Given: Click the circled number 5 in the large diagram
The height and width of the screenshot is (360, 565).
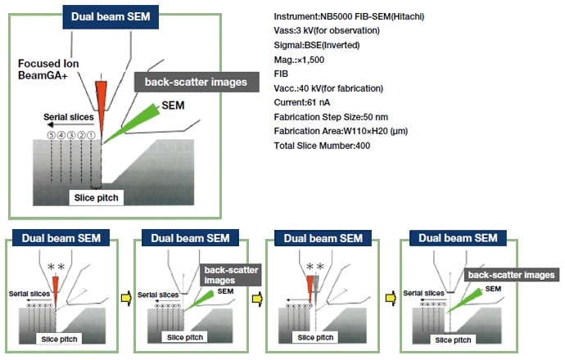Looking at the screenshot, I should pyautogui.click(x=52, y=135).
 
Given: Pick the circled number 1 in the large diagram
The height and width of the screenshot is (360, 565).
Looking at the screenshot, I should pyautogui.click(x=93, y=135).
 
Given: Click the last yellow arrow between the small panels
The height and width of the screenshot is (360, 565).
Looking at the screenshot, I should pyautogui.click(x=391, y=296).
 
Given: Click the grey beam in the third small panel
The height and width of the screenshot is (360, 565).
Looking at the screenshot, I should pyautogui.click(x=318, y=286).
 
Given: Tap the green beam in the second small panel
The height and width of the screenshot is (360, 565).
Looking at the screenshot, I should pyautogui.click(x=197, y=300).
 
